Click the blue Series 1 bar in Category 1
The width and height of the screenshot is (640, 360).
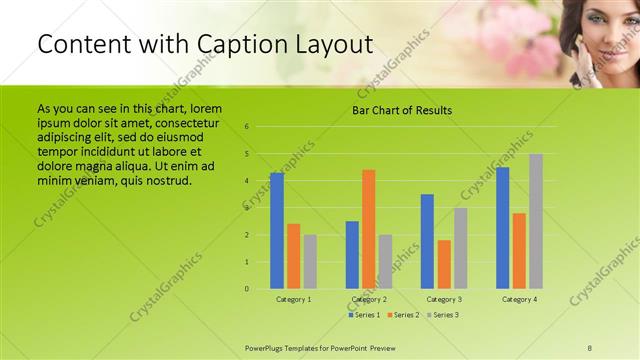[277, 231]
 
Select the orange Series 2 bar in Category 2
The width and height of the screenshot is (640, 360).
[369, 229]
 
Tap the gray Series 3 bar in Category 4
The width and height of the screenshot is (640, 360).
[536, 221]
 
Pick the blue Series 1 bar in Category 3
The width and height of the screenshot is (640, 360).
[427, 241]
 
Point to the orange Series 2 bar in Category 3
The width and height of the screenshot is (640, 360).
[444, 264]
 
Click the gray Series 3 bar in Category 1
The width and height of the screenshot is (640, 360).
[310, 262]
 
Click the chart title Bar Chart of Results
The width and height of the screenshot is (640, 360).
[402, 110]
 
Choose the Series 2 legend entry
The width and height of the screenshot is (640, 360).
[404, 314]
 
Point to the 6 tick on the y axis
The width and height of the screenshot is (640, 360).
[260, 127]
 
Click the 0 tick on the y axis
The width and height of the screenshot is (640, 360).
[260, 289]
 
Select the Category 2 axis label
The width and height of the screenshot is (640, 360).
[369, 299]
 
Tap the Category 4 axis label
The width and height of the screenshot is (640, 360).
[519, 299]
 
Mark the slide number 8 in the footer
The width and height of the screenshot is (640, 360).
[589, 346]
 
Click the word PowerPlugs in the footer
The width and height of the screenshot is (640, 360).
[269, 346]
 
